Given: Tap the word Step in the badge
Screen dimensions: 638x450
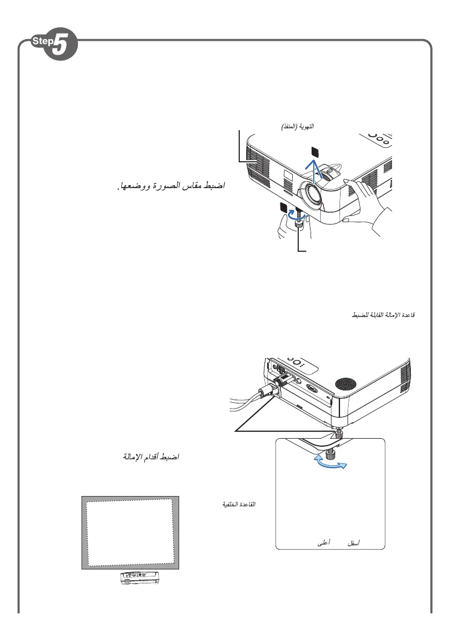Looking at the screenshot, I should click(x=41, y=41).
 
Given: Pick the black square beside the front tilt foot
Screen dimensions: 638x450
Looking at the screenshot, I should click(x=284, y=208).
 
